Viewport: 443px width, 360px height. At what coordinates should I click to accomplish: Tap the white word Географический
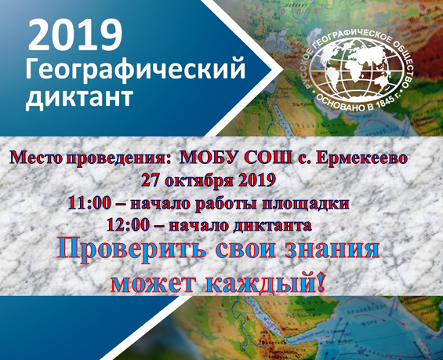click(136, 69)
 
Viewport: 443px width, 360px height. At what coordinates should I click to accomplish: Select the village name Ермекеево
click(361, 158)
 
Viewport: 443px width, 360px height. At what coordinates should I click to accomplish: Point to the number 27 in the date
click(151, 180)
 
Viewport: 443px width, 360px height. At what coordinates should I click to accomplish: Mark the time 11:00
click(89, 203)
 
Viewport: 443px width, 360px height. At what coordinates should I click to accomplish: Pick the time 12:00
click(128, 225)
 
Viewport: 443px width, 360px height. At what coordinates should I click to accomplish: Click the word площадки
click(305, 204)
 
